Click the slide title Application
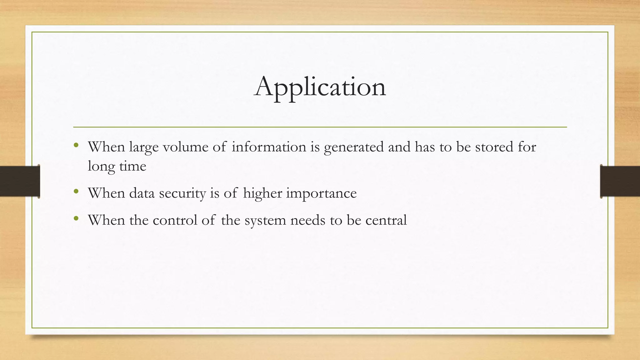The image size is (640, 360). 320,87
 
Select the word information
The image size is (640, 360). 269,147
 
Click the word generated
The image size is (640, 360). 354,147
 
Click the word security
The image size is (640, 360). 182,193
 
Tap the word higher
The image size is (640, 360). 262,193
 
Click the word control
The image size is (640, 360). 175,220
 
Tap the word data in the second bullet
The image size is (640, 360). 142,193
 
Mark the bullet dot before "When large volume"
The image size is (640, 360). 76,145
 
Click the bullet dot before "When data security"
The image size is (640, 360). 76,191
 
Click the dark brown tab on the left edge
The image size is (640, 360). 20,181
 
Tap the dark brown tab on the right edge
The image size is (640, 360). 620,181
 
